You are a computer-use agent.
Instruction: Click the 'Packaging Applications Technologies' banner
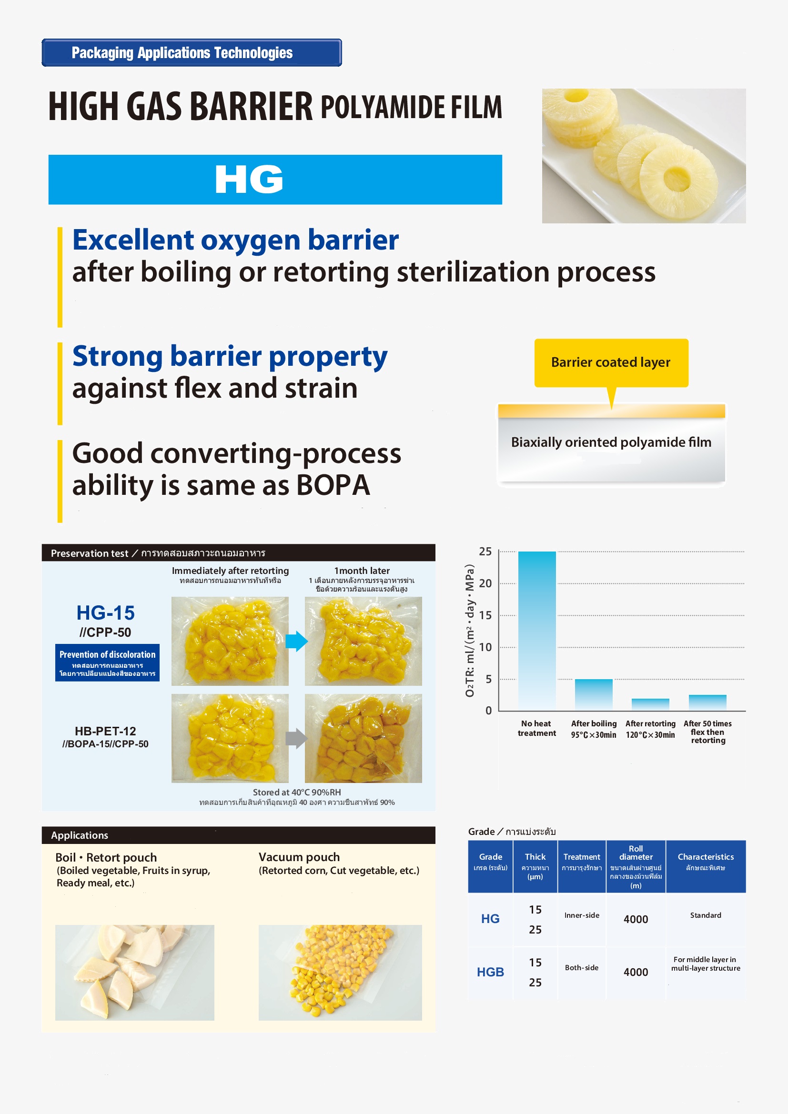pyautogui.click(x=192, y=52)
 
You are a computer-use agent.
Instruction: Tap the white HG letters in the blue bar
pyautogui.click(x=249, y=179)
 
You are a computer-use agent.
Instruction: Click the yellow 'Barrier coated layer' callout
pyautogui.click(x=611, y=362)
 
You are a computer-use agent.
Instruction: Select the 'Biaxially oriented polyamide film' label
pyautogui.click(x=611, y=442)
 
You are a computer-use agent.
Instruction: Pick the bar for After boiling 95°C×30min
pyautogui.click(x=594, y=695)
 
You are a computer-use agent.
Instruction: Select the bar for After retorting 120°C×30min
pyautogui.click(x=650, y=704)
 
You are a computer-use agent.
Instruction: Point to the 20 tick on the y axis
pyautogui.click(x=485, y=583)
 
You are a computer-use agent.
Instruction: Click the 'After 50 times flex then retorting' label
pyautogui.click(x=707, y=732)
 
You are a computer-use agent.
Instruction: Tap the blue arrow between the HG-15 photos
pyautogui.click(x=296, y=641)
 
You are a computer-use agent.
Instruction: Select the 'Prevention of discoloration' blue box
pyautogui.click(x=107, y=662)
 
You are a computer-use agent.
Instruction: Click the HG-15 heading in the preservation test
pyautogui.click(x=105, y=613)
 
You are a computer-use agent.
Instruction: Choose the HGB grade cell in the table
pyautogui.click(x=490, y=972)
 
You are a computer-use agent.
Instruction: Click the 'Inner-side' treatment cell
pyautogui.click(x=582, y=915)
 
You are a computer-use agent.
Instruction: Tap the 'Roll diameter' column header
pyautogui.click(x=636, y=853)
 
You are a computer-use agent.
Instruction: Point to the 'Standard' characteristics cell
pyautogui.click(x=706, y=915)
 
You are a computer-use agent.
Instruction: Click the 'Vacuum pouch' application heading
pyautogui.click(x=299, y=857)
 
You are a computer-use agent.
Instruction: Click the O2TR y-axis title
pyautogui.click(x=469, y=631)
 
